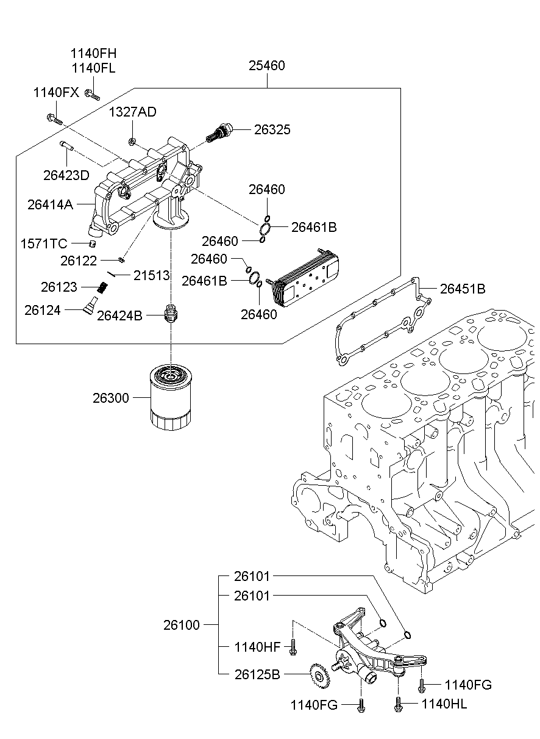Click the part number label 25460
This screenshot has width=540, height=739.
(x=266, y=65)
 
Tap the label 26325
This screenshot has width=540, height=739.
(x=272, y=129)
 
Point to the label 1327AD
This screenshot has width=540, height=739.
(x=132, y=112)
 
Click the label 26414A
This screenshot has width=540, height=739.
(x=50, y=204)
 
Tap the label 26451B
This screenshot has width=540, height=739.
(x=463, y=289)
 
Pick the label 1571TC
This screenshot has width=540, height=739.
(x=44, y=244)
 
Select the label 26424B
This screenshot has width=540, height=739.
(x=119, y=315)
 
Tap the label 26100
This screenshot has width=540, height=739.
(x=181, y=625)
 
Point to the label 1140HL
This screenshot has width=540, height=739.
(x=444, y=704)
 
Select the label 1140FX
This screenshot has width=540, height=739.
(x=55, y=93)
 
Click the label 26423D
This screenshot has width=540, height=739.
(x=66, y=175)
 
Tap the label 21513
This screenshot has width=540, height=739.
(x=151, y=276)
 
